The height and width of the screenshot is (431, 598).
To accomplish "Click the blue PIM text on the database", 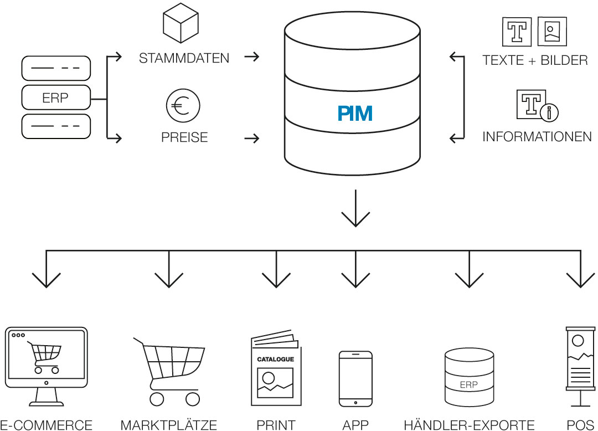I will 355,113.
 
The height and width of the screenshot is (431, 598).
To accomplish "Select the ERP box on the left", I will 55,99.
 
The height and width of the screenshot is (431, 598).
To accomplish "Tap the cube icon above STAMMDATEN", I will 180,24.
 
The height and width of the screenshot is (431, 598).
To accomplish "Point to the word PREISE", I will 184,137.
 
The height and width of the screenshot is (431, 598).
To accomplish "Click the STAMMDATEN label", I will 184,58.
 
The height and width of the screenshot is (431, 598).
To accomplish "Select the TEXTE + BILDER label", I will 535,60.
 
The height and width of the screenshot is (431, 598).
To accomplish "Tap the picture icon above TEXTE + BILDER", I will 552,32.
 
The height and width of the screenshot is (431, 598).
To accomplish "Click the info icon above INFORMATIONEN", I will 537,106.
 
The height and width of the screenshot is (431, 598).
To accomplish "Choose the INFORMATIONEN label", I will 537,136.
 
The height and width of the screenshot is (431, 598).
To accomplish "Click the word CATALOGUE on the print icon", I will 275,359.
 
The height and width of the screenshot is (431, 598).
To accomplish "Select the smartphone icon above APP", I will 355,379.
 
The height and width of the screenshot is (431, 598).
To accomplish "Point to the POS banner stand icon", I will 579,366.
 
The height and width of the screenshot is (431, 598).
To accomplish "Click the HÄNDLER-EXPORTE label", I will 469,425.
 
